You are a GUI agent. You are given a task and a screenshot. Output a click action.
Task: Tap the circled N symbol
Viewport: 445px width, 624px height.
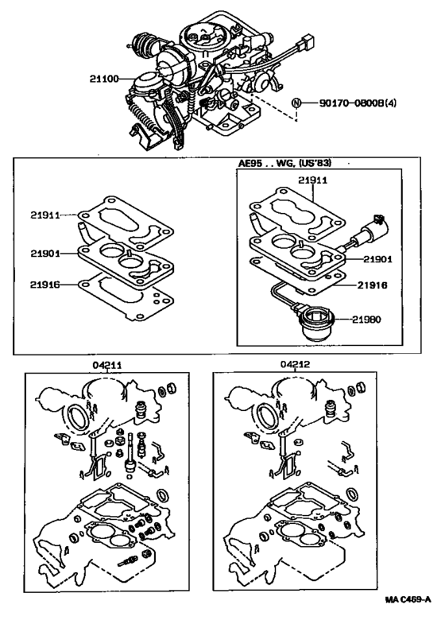296,103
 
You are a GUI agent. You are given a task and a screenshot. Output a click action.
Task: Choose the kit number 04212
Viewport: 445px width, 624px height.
296,365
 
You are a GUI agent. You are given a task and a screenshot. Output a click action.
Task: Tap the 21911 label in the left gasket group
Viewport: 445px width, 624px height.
47,215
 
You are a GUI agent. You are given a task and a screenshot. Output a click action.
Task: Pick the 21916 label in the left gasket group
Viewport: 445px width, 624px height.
47,283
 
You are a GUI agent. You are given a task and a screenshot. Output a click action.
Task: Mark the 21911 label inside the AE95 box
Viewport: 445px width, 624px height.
313,180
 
